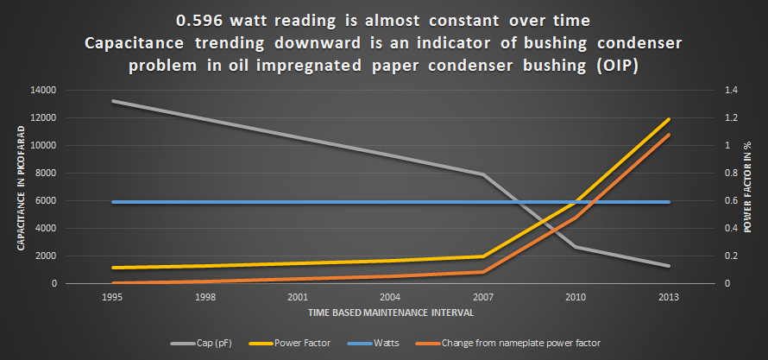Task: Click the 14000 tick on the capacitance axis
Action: point(45,90)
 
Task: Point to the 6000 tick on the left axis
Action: point(47,200)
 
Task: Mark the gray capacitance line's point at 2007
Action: point(482,174)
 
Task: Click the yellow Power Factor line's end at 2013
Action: point(668,119)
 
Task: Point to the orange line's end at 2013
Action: point(668,136)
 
